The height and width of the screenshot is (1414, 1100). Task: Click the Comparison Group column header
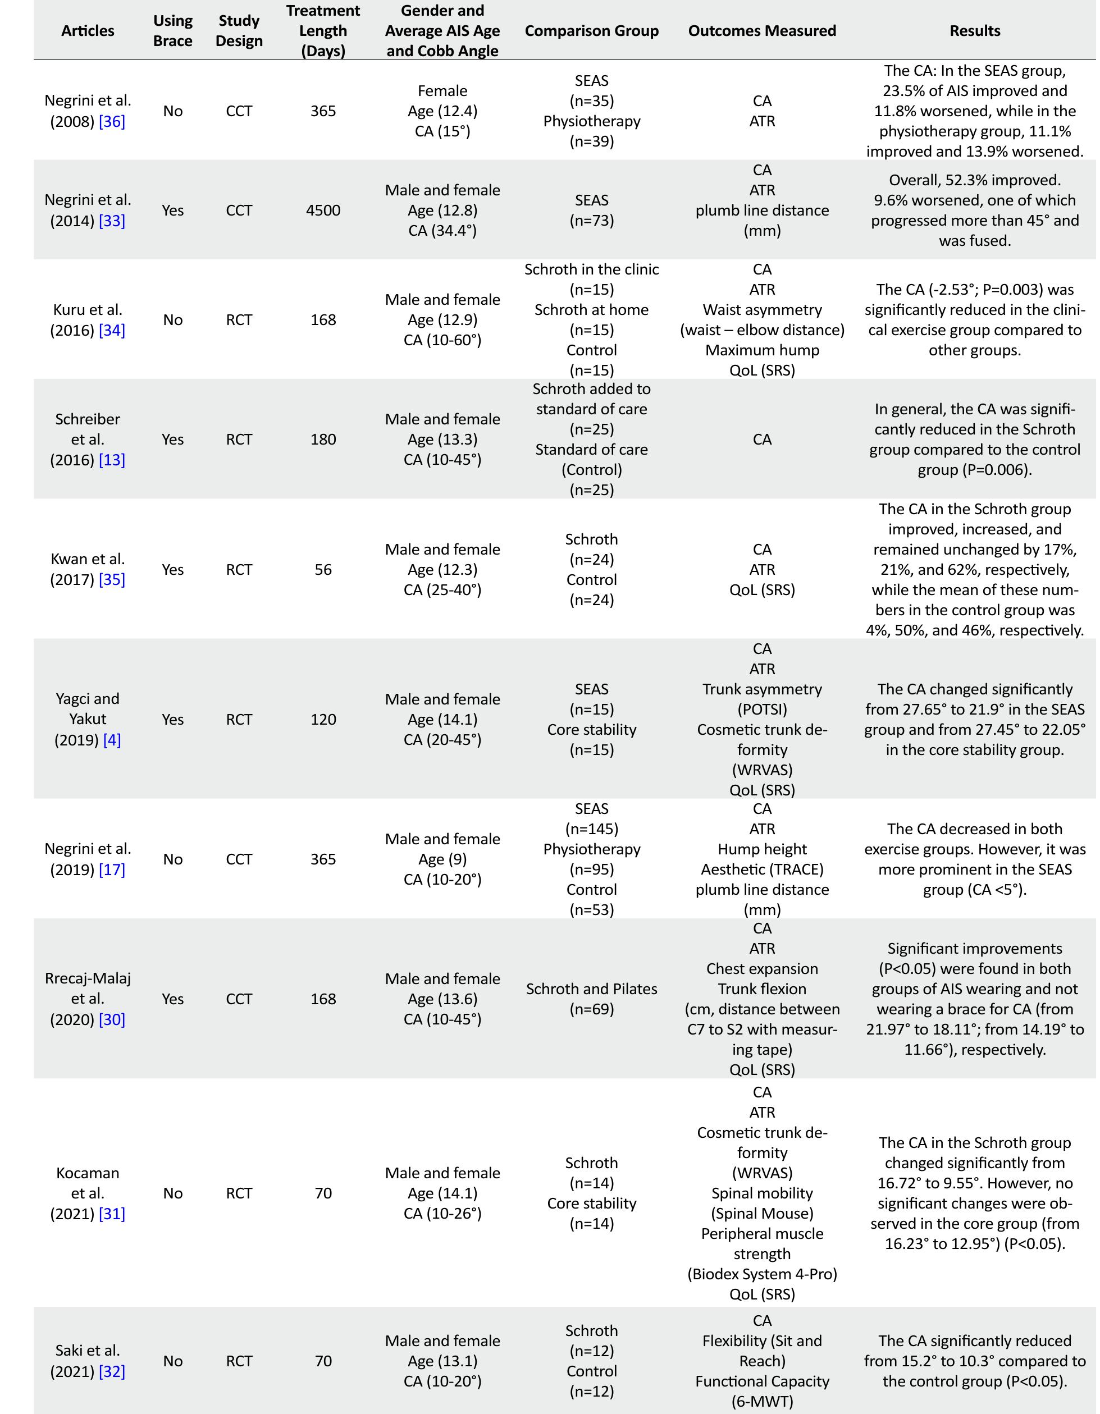pos(591,30)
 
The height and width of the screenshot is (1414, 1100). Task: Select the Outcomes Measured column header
pos(762,30)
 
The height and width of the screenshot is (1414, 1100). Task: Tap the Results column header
pos(974,30)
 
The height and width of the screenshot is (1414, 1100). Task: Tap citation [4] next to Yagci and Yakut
pos(111,739)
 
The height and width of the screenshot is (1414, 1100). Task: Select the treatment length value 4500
pos(323,211)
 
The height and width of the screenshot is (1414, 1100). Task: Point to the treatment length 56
pos(323,570)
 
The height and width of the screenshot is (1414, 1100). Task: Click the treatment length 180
pos(323,440)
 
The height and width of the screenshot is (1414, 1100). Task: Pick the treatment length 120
pos(323,719)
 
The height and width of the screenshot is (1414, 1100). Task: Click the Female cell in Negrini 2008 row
pos(442,90)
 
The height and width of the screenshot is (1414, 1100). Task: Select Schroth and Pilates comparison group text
pos(591,989)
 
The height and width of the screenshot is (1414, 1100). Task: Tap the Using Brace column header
pos(172,30)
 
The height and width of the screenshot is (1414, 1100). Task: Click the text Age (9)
pos(442,859)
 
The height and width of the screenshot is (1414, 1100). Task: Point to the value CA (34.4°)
pos(442,231)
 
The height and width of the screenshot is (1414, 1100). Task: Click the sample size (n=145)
pos(591,829)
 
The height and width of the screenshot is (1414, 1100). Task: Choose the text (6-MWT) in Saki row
pos(762,1402)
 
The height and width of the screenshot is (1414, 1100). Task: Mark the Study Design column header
pos(239,30)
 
